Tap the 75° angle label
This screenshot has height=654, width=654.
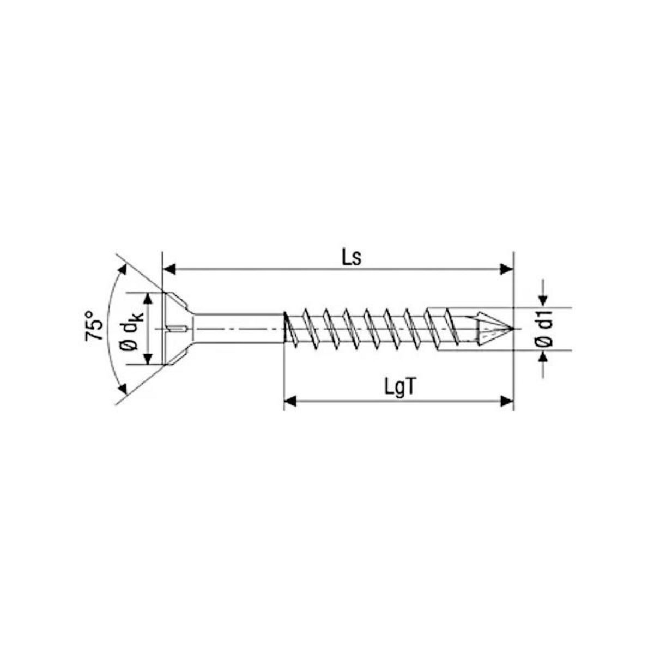(x=94, y=326)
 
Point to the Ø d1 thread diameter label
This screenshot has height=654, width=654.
(x=544, y=329)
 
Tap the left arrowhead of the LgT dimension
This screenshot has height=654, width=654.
(x=290, y=402)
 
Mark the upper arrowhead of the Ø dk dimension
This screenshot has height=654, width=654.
(x=148, y=298)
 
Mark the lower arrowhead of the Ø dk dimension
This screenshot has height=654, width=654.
(x=148, y=359)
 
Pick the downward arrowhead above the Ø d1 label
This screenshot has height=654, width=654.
(x=543, y=300)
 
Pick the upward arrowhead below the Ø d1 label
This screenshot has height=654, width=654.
(x=543, y=357)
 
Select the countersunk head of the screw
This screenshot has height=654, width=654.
(x=177, y=329)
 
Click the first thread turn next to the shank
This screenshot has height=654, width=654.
(x=292, y=329)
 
